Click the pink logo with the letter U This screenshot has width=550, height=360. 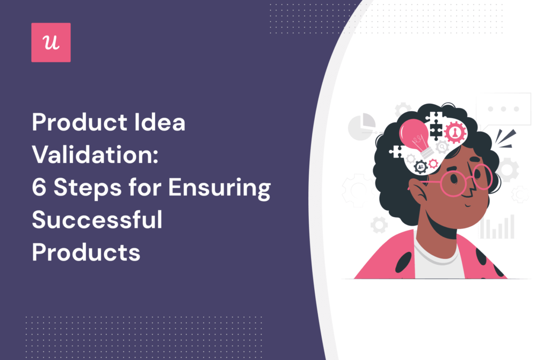click(x=51, y=42)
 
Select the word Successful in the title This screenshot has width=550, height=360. click(x=97, y=220)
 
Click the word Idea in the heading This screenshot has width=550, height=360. click(x=159, y=124)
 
